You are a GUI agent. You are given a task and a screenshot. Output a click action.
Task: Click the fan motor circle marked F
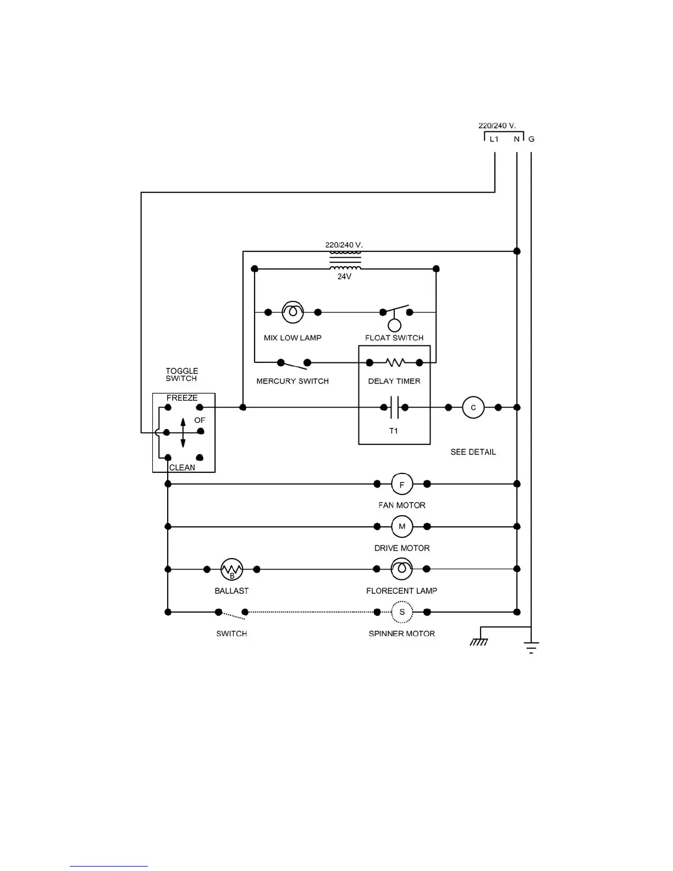[402, 484]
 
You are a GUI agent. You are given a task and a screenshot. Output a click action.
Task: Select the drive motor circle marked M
[402, 527]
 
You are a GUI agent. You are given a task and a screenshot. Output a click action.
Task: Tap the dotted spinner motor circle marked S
[402, 612]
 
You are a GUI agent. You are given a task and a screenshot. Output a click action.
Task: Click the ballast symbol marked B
[231, 570]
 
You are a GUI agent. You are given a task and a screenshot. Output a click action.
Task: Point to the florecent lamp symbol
[402, 569]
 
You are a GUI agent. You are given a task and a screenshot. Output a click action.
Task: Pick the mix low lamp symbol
[293, 312]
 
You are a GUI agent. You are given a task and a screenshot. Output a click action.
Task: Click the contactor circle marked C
[473, 407]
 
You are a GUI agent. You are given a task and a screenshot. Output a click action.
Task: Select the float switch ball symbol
[394, 325]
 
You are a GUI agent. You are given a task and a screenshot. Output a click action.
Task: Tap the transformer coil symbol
[345, 260]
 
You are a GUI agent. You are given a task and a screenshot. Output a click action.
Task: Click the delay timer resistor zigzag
[395, 362]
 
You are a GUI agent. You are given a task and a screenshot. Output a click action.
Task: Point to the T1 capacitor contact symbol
[394, 407]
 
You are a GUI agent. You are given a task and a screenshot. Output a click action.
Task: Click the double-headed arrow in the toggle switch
[183, 433]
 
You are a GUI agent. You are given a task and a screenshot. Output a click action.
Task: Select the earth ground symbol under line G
[531, 647]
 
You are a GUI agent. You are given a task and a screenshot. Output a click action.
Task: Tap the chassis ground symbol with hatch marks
[479, 641]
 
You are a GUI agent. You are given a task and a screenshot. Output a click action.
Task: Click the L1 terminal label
[494, 139]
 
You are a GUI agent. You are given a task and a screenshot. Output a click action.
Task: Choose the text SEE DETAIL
[473, 452]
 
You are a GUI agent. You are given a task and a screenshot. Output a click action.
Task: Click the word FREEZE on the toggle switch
[182, 398]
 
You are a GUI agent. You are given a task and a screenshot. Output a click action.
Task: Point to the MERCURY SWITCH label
[293, 381]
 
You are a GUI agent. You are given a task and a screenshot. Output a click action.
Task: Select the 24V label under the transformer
[344, 277]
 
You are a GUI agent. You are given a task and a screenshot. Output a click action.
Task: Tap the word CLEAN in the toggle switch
[182, 467]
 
